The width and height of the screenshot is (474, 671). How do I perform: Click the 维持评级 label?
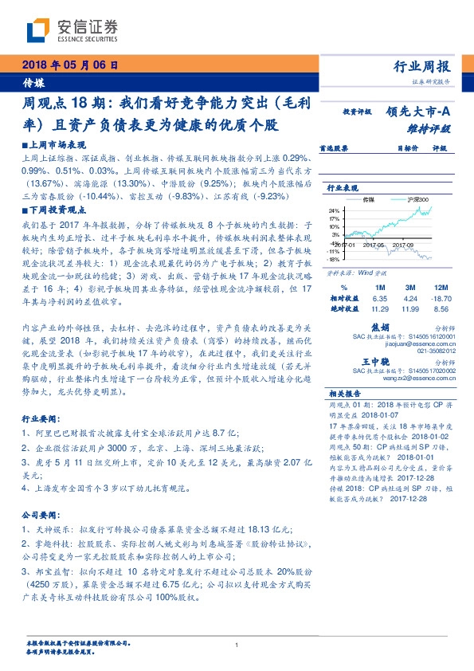[x=434, y=128]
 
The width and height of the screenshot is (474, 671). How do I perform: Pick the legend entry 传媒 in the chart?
[x=369, y=198]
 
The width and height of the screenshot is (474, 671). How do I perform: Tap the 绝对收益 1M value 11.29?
[x=378, y=307]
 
